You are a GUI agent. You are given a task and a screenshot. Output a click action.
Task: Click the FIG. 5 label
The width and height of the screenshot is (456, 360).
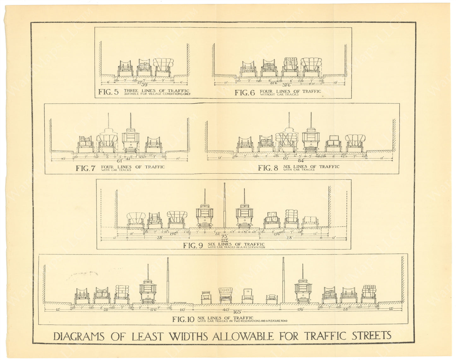108,92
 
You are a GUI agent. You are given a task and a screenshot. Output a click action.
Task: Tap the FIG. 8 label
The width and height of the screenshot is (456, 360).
268,168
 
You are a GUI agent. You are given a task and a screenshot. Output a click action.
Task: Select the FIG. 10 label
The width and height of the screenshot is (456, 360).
183,319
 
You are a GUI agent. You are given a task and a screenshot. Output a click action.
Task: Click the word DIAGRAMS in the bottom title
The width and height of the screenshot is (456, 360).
79,336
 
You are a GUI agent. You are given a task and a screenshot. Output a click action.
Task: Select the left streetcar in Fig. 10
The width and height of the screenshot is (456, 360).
148,290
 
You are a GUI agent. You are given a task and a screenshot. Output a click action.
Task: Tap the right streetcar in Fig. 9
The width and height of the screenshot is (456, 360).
244,215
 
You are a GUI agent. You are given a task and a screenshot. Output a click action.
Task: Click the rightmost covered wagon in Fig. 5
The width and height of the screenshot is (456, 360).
163,67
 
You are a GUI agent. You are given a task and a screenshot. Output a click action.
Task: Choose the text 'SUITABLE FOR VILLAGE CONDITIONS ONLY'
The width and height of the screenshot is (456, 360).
157,94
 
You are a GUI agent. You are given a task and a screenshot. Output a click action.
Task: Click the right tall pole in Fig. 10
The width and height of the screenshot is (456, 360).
283,279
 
